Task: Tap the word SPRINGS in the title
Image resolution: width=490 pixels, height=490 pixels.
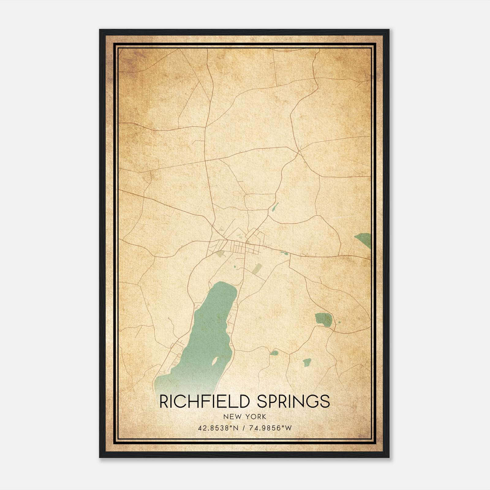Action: coord(293,401)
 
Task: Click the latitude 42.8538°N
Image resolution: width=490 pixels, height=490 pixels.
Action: coord(218,428)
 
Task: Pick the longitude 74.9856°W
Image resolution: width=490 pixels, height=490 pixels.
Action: coord(269,428)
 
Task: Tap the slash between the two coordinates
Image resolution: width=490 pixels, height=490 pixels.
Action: coord(244,428)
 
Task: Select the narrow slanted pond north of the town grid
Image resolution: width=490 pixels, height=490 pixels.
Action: coord(275,207)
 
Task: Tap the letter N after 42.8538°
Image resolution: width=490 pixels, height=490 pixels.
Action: coord(236,428)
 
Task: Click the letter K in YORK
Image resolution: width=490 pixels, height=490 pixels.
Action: coord(264,417)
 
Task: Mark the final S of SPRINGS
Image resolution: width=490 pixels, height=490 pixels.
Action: coord(326,401)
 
